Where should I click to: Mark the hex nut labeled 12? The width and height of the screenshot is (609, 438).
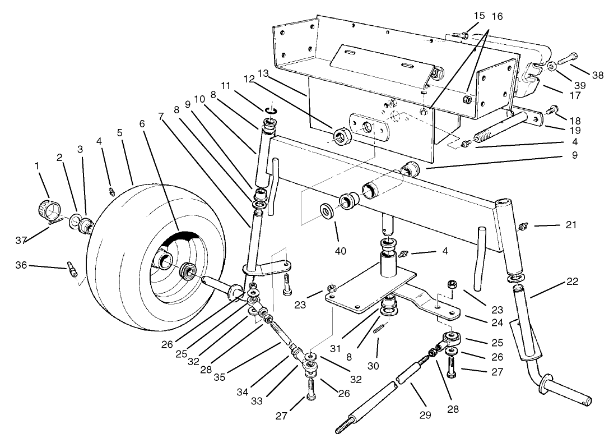pyautogui.click(x=341, y=136)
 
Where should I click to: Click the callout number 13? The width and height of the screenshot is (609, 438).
pyautogui.click(x=263, y=73)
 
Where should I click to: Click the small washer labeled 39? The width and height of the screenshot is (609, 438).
pyautogui.click(x=551, y=66)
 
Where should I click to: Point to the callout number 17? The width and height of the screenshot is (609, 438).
pyautogui.click(x=575, y=96)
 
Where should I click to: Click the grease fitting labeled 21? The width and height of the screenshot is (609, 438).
pyautogui.click(x=524, y=226)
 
